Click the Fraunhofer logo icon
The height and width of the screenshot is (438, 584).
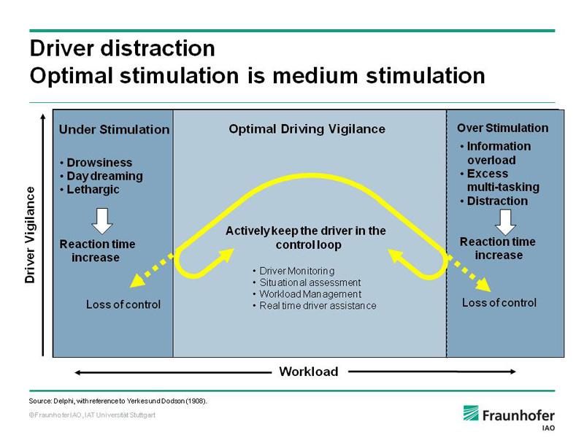pyautogui.click(x=471, y=413)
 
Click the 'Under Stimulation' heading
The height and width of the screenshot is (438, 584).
pyautogui.click(x=114, y=130)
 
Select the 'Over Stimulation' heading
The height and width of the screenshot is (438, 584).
pyautogui.click(x=502, y=128)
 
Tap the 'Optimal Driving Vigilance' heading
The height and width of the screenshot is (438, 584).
pyautogui.click(x=307, y=129)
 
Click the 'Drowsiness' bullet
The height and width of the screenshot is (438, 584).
pyautogui.click(x=96, y=163)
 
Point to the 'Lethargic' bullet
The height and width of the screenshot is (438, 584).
pyautogui.click(x=90, y=190)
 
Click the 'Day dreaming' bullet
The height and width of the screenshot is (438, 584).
pyautogui.click(x=101, y=176)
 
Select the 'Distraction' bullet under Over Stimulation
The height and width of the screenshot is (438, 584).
pyautogui.click(x=494, y=201)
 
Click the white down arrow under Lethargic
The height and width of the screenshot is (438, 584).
pyautogui.click(x=102, y=221)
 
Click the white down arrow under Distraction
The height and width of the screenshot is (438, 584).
pyautogui.click(x=505, y=223)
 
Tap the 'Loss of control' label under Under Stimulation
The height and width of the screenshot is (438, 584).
pyautogui.click(x=123, y=304)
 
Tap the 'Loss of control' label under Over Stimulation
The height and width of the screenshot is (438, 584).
pyautogui.click(x=499, y=303)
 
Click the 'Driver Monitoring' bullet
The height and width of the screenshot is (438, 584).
pyautogui.click(x=293, y=271)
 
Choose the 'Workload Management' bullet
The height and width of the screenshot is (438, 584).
pyautogui.click(x=307, y=294)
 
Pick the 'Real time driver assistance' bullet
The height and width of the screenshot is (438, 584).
pyautogui.click(x=315, y=306)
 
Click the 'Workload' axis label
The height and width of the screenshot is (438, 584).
pyautogui.click(x=309, y=372)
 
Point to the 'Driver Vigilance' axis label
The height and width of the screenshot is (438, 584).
pyautogui.click(x=30, y=235)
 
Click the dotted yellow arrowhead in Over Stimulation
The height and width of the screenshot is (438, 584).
pyautogui.click(x=484, y=285)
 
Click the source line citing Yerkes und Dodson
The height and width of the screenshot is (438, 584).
pyautogui.click(x=118, y=401)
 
